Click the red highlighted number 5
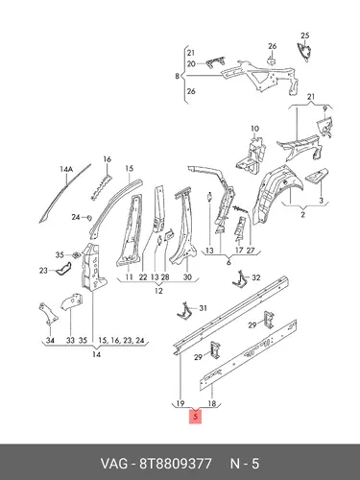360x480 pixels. coord(196,417)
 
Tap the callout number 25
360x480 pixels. coord(305,36)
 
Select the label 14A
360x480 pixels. coord(66,169)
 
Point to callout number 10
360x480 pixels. coord(254,129)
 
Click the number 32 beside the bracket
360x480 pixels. coord(256,277)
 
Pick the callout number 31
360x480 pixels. coord(203,308)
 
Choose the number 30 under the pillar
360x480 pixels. coord(187,277)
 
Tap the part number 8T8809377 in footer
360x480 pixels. coord(175,464)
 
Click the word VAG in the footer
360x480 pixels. coord(113,464)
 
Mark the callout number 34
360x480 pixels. coord(50,341)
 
